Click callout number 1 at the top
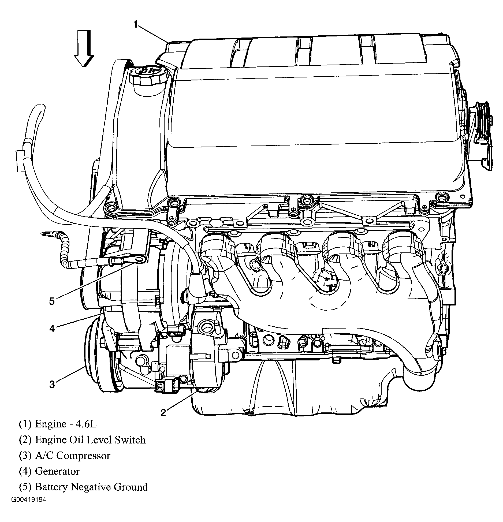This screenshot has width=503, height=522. pos(136,25)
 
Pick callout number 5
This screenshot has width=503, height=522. pos(52,301)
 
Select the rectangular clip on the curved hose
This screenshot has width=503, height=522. pos(20,161)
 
